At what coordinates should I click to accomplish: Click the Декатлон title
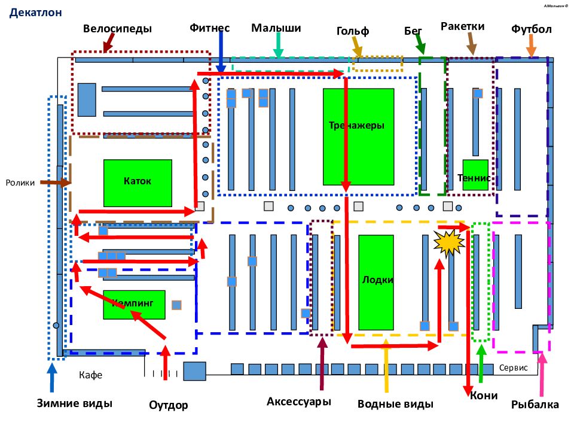(35, 13)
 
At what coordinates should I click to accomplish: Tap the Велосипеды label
(117, 29)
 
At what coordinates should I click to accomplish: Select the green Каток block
(138, 183)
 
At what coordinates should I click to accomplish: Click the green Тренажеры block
(358, 136)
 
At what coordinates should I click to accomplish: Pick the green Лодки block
(376, 282)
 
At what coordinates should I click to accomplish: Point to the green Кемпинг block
(134, 305)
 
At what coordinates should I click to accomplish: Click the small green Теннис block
(475, 175)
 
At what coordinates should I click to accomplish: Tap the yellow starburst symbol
(449, 242)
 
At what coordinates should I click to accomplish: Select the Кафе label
(90, 375)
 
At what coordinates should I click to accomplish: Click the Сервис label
(513, 368)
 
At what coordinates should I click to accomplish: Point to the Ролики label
(20, 183)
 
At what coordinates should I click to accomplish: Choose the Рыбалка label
(535, 404)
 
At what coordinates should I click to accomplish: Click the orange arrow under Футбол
(531, 46)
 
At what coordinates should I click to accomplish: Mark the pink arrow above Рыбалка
(542, 374)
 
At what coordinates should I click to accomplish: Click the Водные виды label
(395, 404)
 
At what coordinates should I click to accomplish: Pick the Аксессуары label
(299, 402)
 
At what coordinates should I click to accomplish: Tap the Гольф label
(353, 31)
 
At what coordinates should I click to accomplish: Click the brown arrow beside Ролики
(55, 182)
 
